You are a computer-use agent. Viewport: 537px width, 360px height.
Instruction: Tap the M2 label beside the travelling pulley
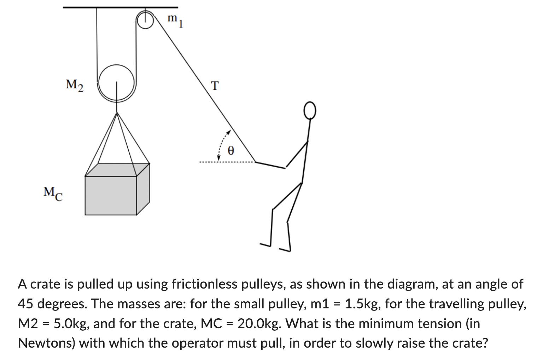pyautogui.click(x=75, y=85)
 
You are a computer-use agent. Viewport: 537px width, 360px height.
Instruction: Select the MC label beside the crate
pyautogui.click(x=53, y=193)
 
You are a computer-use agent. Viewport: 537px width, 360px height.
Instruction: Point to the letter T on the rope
pyautogui.click(x=214, y=86)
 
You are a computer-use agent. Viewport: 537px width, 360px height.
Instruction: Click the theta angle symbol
pyautogui.click(x=231, y=151)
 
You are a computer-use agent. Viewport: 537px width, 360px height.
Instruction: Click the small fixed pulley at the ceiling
pyautogui.click(x=145, y=20)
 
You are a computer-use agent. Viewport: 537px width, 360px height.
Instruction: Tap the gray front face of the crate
pyautogui.click(x=111, y=195)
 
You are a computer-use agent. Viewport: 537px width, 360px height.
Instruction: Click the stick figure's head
pyautogui.click(x=309, y=110)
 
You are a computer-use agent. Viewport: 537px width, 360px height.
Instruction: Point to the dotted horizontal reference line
pyautogui.click(x=226, y=162)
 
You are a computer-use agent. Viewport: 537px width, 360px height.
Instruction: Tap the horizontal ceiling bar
pyautogui.click(x=120, y=7)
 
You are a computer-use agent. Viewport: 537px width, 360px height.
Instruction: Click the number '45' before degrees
pyautogui.click(x=26, y=304)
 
